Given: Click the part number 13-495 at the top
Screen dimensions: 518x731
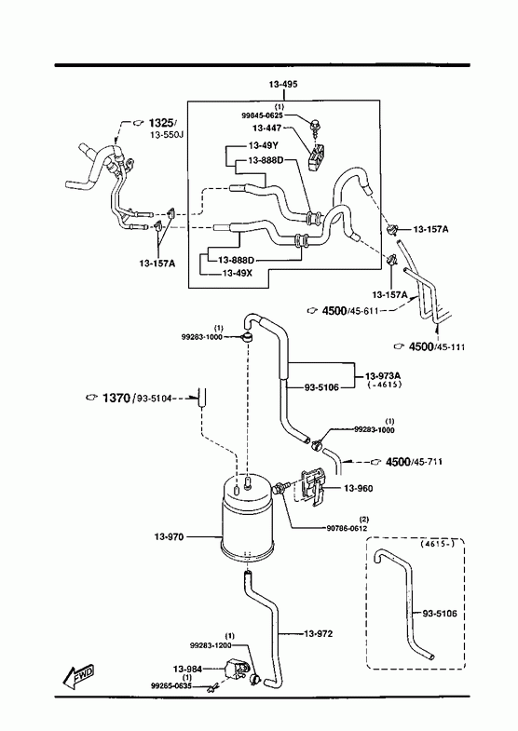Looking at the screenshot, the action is click(283, 85).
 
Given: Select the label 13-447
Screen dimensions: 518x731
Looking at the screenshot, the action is click(266, 128).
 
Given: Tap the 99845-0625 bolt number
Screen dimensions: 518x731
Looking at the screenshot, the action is click(262, 115).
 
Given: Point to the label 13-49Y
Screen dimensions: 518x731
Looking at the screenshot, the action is click(264, 145).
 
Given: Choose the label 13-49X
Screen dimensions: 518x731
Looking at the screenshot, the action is click(238, 273).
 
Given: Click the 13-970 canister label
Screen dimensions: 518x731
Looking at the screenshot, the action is click(169, 537).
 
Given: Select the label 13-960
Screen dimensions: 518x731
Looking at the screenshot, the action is click(358, 489).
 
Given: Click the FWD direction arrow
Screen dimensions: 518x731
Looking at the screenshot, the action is click(79, 676).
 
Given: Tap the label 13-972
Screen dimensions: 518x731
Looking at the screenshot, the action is click(319, 634).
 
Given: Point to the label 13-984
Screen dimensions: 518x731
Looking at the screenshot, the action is click(187, 669).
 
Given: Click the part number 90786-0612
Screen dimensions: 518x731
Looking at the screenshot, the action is click(347, 528).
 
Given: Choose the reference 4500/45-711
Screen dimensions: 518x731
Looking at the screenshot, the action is click(414, 462).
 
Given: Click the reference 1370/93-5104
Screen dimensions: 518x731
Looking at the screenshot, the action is click(137, 399).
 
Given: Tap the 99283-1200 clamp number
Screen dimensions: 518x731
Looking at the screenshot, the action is click(211, 645).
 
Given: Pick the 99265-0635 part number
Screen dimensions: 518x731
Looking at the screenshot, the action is click(171, 685).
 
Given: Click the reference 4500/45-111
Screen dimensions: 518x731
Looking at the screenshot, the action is click(437, 346).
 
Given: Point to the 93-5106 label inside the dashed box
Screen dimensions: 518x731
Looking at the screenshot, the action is click(440, 614).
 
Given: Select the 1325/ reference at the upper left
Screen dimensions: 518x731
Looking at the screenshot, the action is click(163, 123).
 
